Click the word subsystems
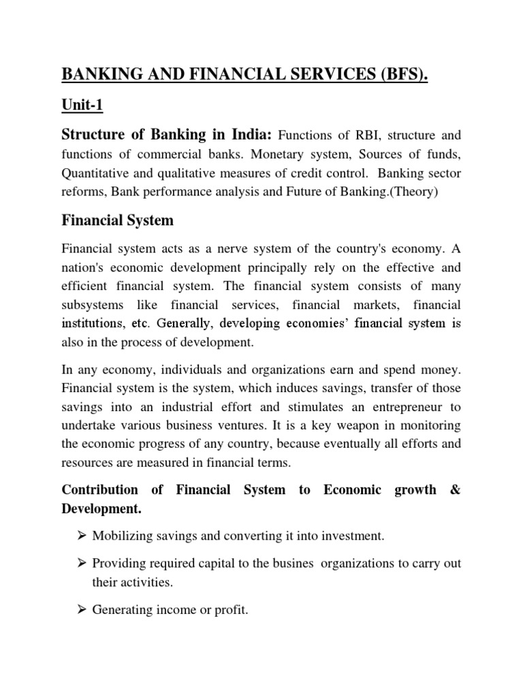pos(93,305)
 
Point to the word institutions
pos(92,324)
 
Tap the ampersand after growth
pos(455,490)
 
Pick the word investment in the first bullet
pos(350,536)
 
